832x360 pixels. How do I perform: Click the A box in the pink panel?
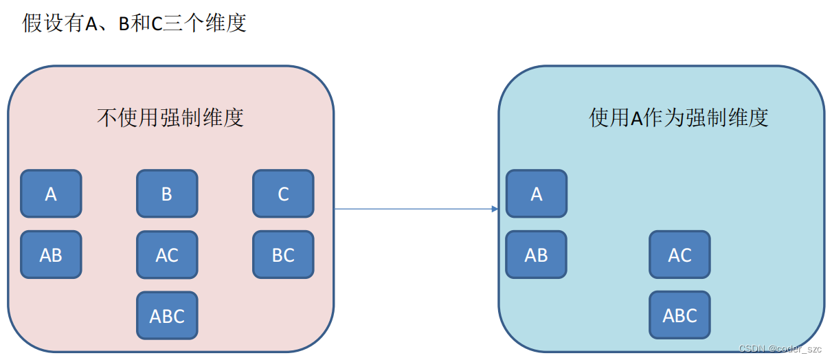click(51, 194)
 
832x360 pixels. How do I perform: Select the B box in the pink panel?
click(167, 194)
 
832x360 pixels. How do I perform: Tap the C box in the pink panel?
click(283, 194)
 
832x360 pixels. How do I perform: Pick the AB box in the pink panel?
click(51, 255)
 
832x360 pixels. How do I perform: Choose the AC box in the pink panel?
click(167, 255)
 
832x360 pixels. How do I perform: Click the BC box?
click(283, 255)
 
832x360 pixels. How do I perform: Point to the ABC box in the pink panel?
click(167, 315)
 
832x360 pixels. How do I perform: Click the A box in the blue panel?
click(537, 194)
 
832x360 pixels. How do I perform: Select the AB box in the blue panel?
click(537, 255)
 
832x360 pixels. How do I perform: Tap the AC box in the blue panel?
click(679, 255)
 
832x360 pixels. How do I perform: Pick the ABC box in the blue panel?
click(679, 315)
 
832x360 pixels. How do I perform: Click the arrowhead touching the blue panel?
click(494, 208)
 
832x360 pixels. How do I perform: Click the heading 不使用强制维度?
click(170, 118)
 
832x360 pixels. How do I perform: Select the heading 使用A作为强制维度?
click(678, 117)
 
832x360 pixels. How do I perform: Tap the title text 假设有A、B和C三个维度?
click(135, 23)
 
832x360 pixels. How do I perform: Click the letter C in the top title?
click(157, 23)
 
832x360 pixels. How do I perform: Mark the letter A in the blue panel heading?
click(636, 118)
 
